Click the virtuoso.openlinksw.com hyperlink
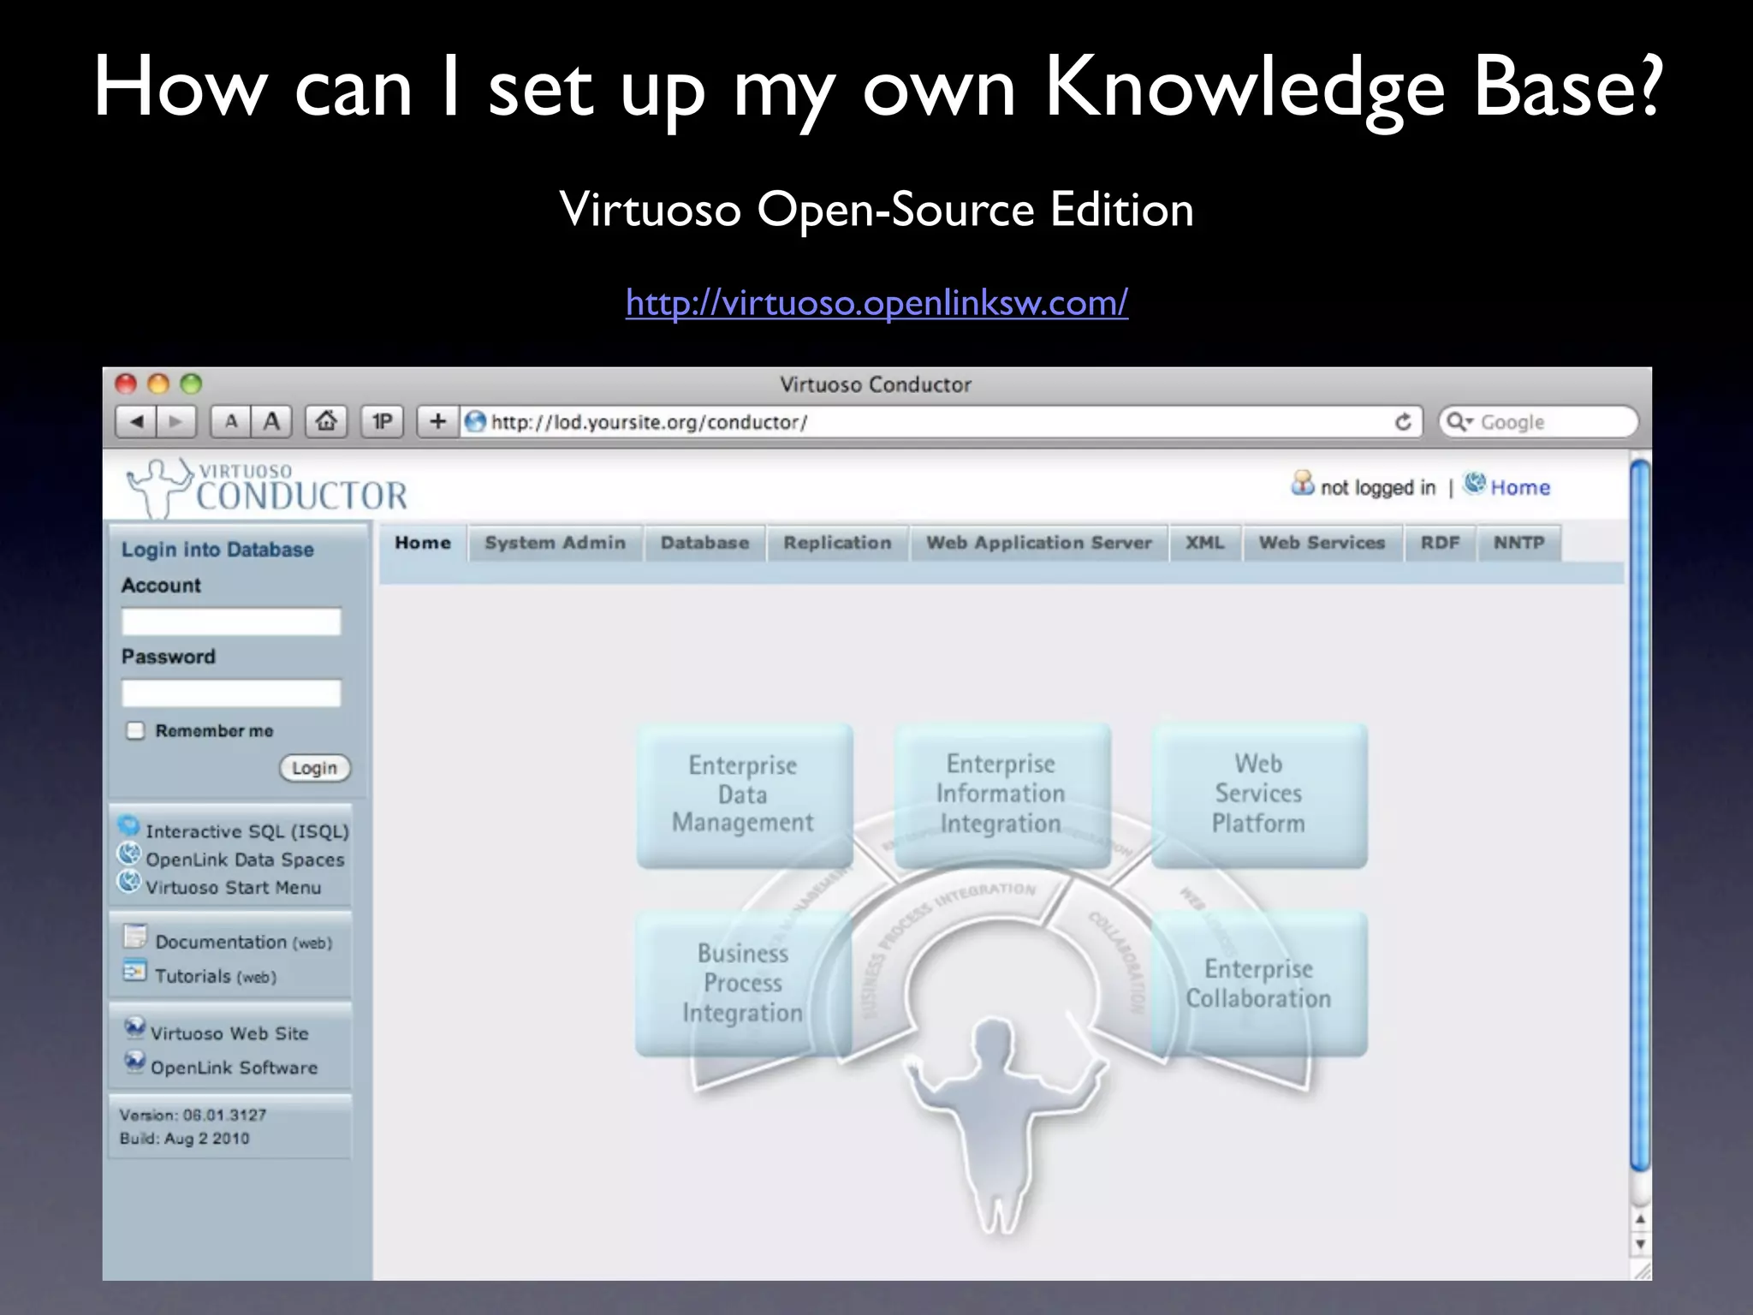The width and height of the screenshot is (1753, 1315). coord(876,303)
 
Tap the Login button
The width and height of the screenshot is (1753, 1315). coord(314,768)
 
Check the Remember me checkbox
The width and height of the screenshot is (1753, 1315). coord(135,730)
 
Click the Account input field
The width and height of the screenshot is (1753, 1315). coord(231,622)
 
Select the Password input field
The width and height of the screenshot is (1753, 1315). coord(231,693)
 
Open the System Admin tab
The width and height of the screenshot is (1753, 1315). coord(555,543)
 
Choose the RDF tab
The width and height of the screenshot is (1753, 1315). coord(1440,543)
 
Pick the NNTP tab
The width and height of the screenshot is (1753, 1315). coord(1518,543)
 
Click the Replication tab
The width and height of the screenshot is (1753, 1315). coord(837,543)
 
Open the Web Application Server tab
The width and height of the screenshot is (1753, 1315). coord(1039,543)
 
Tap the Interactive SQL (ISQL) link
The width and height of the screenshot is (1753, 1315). coord(247,831)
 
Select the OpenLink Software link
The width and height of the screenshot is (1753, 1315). coord(234,1068)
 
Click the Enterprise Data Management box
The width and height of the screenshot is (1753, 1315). coord(743,794)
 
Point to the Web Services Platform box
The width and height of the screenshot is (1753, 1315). coord(1258,794)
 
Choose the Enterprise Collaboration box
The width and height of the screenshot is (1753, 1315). coord(1258,984)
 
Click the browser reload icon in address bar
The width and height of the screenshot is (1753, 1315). coord(1403,422)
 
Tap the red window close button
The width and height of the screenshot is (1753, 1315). coord(127,384)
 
